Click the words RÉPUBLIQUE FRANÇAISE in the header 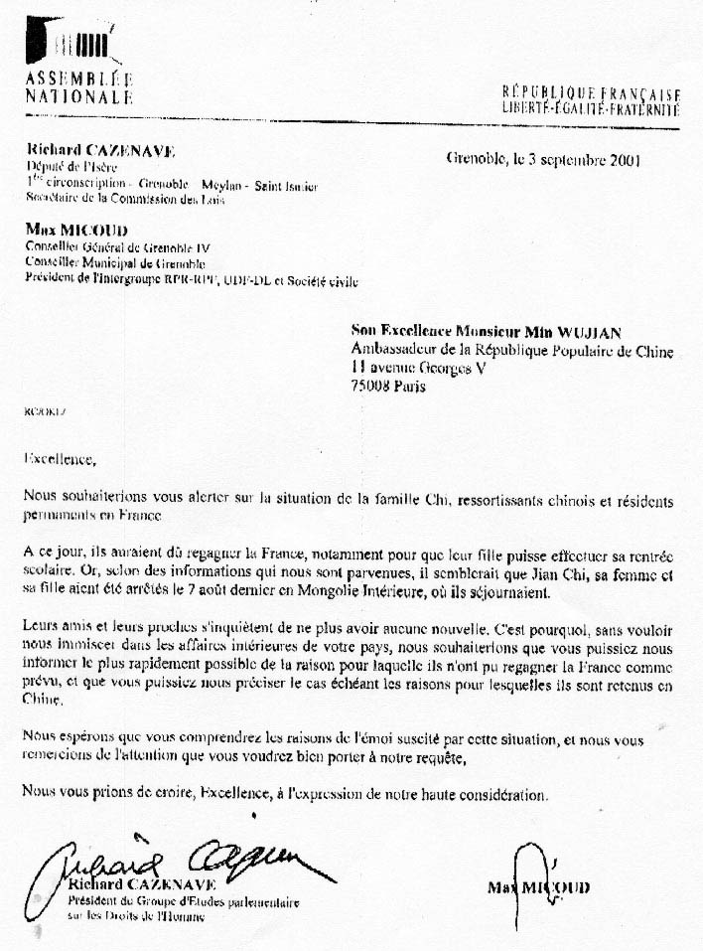[x=591, y=92]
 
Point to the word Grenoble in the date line [x=475, y=158]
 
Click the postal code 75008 [x=373, y=387]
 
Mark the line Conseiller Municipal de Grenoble [x=115, y=263]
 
